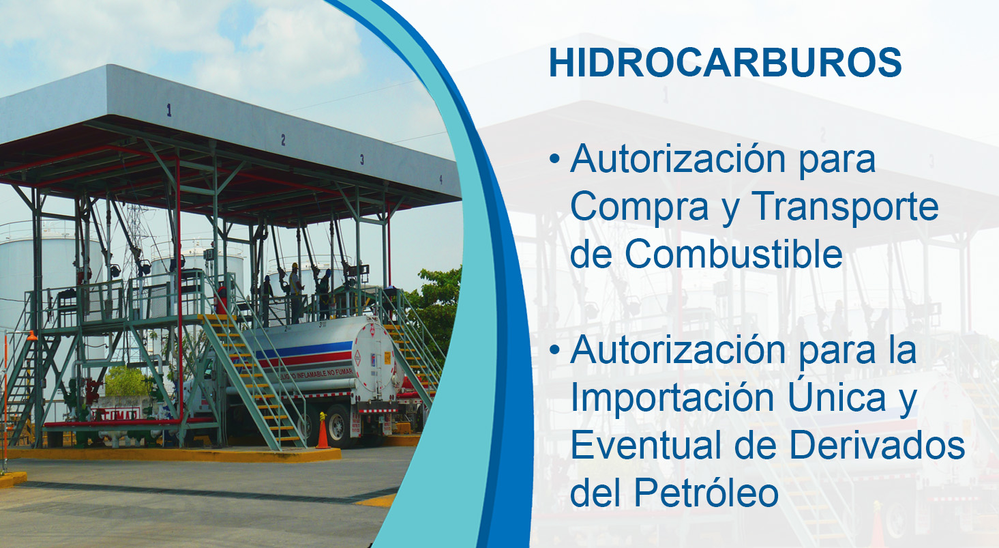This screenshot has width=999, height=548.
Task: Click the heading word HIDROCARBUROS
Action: (725, 63)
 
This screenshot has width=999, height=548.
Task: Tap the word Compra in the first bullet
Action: (639, 207)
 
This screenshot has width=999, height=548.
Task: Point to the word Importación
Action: (672, 398)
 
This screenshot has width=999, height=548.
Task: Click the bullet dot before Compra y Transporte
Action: (554, 158)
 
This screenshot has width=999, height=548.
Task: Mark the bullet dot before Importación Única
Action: (554, 350)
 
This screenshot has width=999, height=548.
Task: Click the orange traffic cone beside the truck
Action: (323, 431)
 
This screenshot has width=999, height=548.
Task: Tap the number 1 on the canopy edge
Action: (169, 110)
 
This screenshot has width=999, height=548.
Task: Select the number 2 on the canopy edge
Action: (283, 140)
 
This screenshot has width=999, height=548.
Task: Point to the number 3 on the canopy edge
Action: (362, 159)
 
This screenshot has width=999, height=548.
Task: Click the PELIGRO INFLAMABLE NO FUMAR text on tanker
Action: (316, 374)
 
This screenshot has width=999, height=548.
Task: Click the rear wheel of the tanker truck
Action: (338, 426)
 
